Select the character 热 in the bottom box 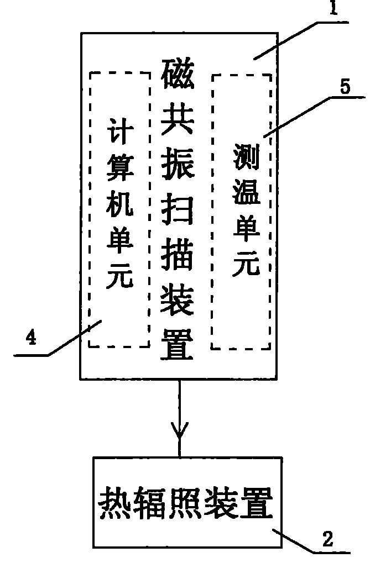point(113,501)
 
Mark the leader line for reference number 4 point(72,339)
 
